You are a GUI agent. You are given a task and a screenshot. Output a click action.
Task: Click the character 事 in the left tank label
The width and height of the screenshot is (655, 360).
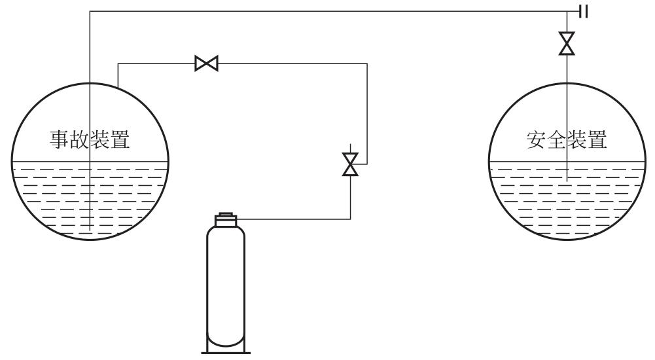pos(60,139)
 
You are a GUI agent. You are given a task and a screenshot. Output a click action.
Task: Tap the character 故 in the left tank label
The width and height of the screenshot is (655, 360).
pos(79,139)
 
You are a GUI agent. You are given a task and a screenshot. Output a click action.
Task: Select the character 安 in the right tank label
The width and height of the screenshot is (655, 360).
pos(537,139)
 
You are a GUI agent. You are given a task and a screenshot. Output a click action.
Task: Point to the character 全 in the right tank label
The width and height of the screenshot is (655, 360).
pos(556,139)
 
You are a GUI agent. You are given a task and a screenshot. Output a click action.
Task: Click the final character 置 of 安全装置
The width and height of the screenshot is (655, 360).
pos(597,139)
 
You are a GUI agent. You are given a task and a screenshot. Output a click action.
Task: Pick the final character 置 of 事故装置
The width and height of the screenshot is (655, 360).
pos(120,139)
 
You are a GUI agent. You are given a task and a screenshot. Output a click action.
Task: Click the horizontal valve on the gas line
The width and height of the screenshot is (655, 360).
pos(206,63)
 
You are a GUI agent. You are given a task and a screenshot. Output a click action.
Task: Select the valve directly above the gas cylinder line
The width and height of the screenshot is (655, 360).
pos(350,164)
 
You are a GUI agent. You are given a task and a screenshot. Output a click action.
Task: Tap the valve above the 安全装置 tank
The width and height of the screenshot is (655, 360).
pos(567,43)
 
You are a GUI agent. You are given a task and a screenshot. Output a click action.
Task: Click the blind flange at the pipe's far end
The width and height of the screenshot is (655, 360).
pos(584,11)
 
